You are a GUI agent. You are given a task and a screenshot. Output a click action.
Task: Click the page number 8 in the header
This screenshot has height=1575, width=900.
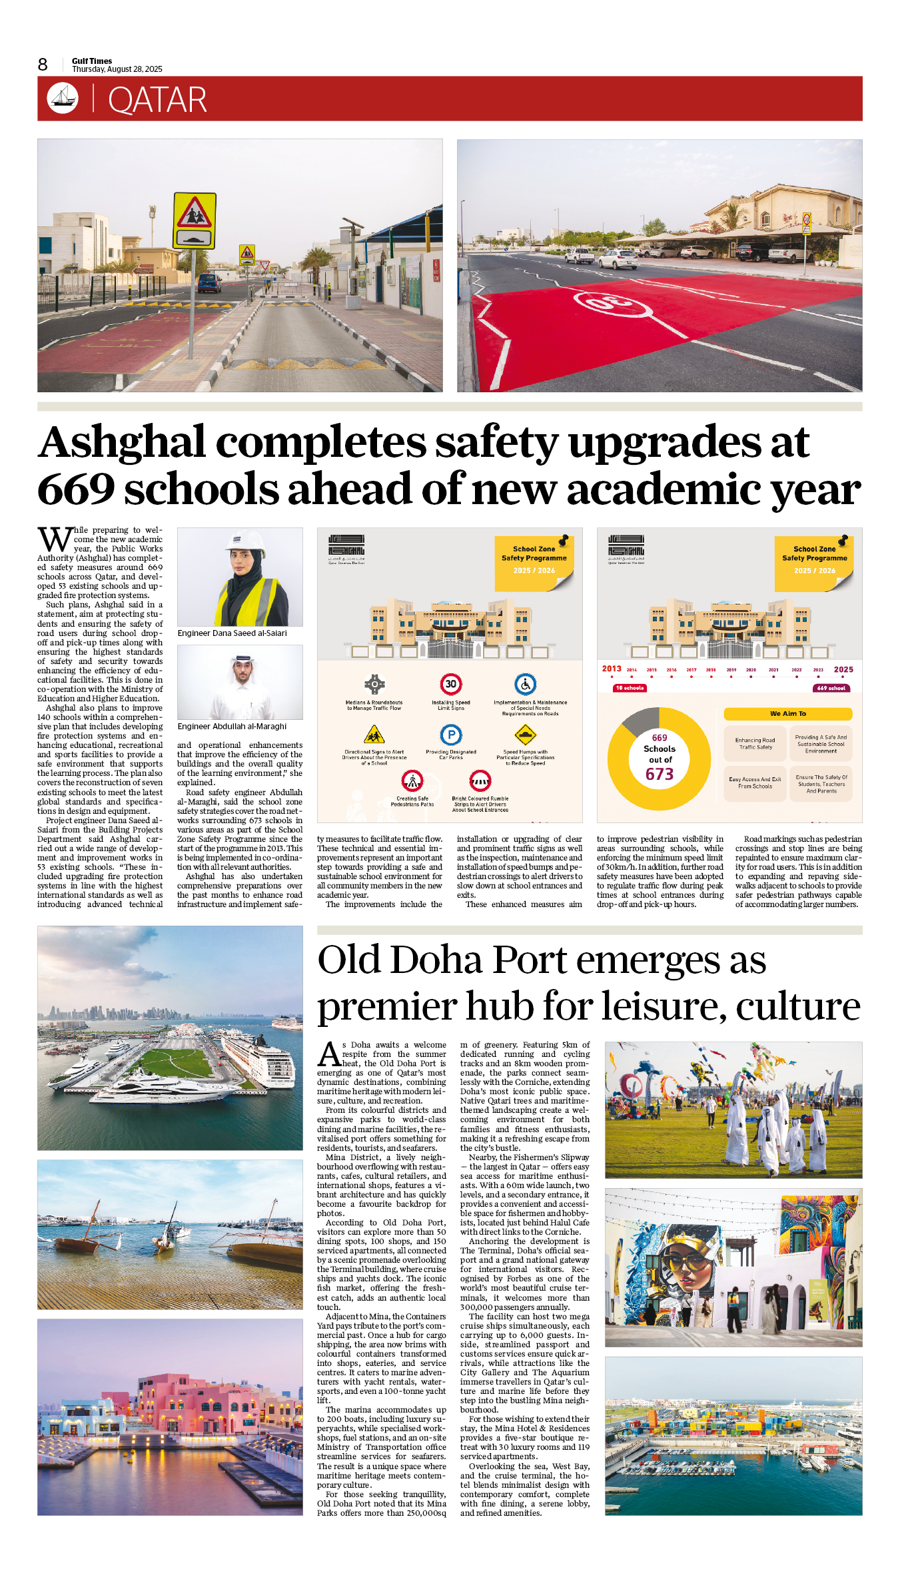point(43,65)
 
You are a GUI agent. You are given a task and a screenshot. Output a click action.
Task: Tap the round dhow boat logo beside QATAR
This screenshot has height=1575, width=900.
point(63,98)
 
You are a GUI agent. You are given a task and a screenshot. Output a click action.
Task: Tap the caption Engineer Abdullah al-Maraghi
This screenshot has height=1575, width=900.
point(232,727)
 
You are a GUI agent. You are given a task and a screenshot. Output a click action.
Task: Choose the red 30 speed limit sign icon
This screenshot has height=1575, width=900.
point(451,684)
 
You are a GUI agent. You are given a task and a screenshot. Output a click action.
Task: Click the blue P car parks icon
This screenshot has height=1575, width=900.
point(451,735)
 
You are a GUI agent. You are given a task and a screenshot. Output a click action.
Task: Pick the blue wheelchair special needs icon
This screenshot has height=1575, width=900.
point(526,684)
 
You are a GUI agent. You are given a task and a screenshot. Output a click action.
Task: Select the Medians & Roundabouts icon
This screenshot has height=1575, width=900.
point(374,684)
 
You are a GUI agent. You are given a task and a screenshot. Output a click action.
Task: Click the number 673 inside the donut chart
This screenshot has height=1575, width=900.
point(660,775)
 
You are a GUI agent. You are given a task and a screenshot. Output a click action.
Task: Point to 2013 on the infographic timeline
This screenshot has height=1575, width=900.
point(612,669)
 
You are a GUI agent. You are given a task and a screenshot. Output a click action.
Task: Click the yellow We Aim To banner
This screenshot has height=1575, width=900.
point(787,714)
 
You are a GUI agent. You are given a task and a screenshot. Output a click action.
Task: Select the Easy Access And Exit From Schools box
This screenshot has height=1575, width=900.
point(755,783)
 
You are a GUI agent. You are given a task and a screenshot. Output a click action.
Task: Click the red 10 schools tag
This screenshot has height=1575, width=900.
point(630,688)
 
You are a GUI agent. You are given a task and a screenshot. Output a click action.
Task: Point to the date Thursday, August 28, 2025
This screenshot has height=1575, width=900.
point(117,69)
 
